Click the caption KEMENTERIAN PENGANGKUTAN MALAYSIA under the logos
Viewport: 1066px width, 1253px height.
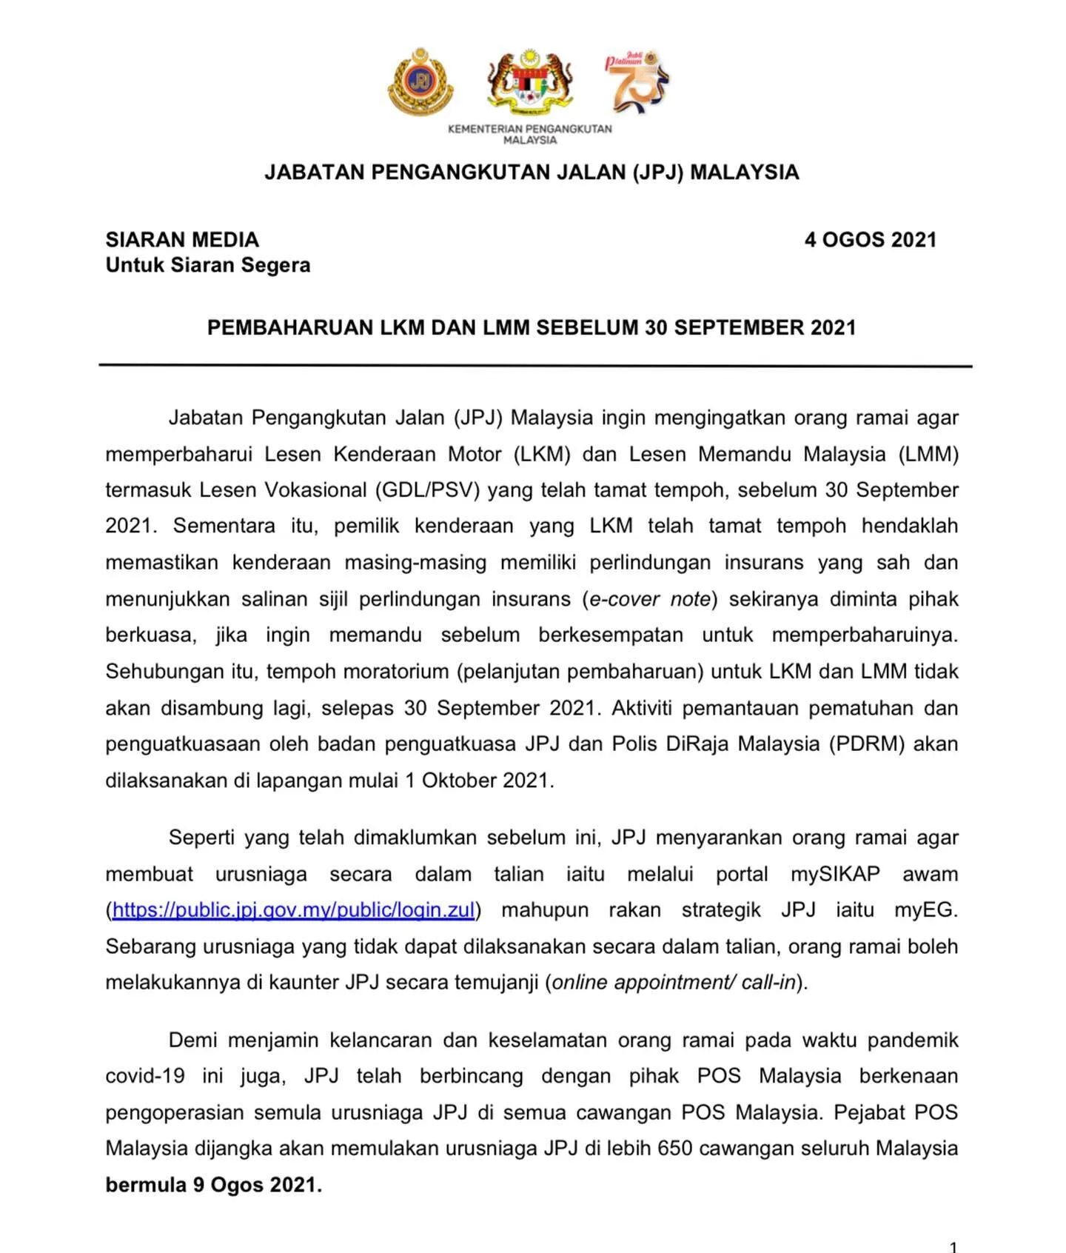pos(529,134)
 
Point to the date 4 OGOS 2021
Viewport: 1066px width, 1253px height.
pos(870,240)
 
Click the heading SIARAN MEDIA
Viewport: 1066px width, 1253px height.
pos(182,240)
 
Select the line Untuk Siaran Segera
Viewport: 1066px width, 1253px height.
pos(208,265)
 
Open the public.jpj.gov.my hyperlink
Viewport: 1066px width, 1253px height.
pos(293,910)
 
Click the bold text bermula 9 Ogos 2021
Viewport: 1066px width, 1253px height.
pos(213,1185)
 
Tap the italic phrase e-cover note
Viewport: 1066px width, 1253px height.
pos(650,599)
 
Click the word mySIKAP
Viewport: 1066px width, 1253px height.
pos(835,874)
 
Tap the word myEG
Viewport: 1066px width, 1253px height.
pos(925,910)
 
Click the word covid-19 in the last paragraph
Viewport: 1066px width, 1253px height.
pos(145,1076)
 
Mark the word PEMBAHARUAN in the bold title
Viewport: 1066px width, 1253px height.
pos(290,328)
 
